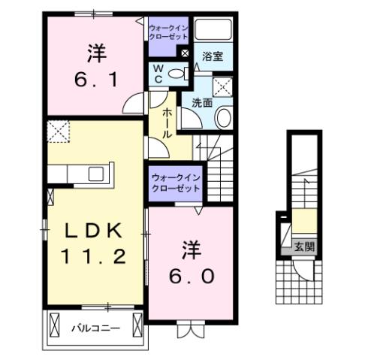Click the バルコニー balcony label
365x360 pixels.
coord(95,328)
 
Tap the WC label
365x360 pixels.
coord(159,73)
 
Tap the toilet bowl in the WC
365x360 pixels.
coord(176,73)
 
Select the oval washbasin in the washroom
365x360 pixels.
coord(224,118)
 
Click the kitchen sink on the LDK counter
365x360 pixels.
coord(96,174)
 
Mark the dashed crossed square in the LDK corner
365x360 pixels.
coord(57,132)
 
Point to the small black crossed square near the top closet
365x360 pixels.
coord(185,53)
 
